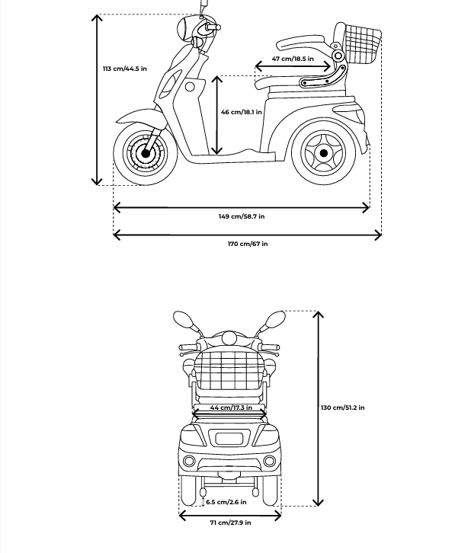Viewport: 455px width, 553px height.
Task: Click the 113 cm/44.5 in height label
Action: (124, 69)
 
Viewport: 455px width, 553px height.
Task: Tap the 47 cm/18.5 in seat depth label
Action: (293, 59)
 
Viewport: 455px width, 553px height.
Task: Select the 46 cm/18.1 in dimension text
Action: (242, 112)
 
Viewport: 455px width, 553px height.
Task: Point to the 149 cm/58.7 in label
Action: (242, 216)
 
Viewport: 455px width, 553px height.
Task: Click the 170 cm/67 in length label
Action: (248, 243)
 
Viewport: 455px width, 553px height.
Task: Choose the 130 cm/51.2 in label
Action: (342, 408)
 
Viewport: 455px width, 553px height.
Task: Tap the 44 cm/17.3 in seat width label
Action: (231, 408)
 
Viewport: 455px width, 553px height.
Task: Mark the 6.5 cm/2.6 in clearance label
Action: (226, 502)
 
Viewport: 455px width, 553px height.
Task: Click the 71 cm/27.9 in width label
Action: (230, 523)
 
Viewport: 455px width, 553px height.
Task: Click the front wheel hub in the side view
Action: (145, 153)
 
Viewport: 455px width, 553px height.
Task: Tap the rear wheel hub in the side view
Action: (323, 153)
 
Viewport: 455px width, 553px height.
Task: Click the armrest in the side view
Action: (301, 42)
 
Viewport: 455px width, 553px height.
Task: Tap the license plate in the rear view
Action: (229, 439)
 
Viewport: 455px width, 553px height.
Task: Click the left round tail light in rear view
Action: (189, 461)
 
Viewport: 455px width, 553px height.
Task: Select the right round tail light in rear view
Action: (269, 461)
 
